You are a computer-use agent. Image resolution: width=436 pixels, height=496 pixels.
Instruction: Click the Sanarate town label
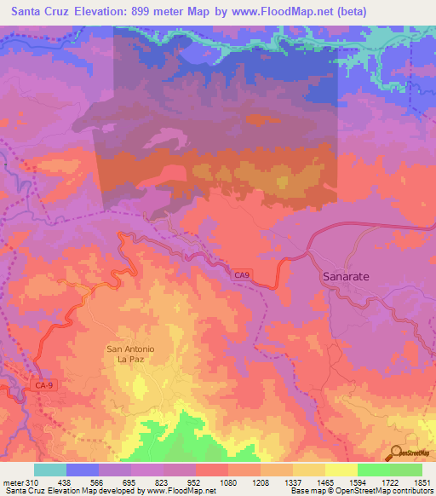[x=347, y=277]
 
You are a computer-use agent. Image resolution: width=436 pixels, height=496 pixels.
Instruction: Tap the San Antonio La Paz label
[x=129, y=354]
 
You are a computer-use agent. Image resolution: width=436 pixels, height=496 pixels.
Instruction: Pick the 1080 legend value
[x=227, y=482]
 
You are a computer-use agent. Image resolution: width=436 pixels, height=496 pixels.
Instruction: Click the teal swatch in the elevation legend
[x=50, y=470]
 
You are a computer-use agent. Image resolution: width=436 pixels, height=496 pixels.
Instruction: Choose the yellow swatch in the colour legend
[x=341, y=470]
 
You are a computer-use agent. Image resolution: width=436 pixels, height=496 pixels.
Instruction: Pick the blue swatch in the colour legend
[x=83, y=470]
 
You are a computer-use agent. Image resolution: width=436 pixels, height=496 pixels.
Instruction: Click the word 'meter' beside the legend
[x=14, y=482]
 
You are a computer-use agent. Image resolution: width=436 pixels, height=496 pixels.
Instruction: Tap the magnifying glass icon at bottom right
[x=395, y=453]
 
